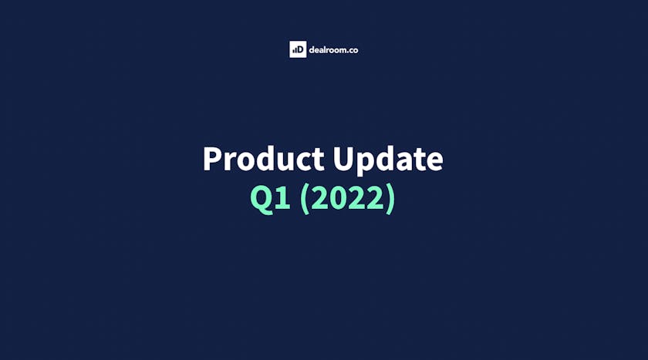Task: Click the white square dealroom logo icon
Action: pyautogui.click(x=298, y=49)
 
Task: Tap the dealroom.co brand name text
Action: pyautogui.click(x=333, y=50)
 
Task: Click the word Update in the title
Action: pyautogui.click(x=388, y=161)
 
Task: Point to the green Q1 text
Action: pyautogui.click(x=271, y=199)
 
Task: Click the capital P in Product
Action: pyautogui.click(x=212, y=159)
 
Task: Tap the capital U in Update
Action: pyautogui.click(x=343, y=159)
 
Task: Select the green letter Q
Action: pyautogui.click(x=262, y=200)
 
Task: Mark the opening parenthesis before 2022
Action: pyautogui.click(x=305, y=199)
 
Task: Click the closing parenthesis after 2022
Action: pyautogui.click(x=390, y=199)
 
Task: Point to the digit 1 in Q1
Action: pyautogui.click(x=283, y=198)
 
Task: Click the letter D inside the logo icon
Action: pyautogui.click(x=300, y=50)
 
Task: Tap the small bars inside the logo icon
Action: pyautogui.click(x=294, y=51)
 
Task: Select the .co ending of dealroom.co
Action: pyautogui.click(x=352, y=51)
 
